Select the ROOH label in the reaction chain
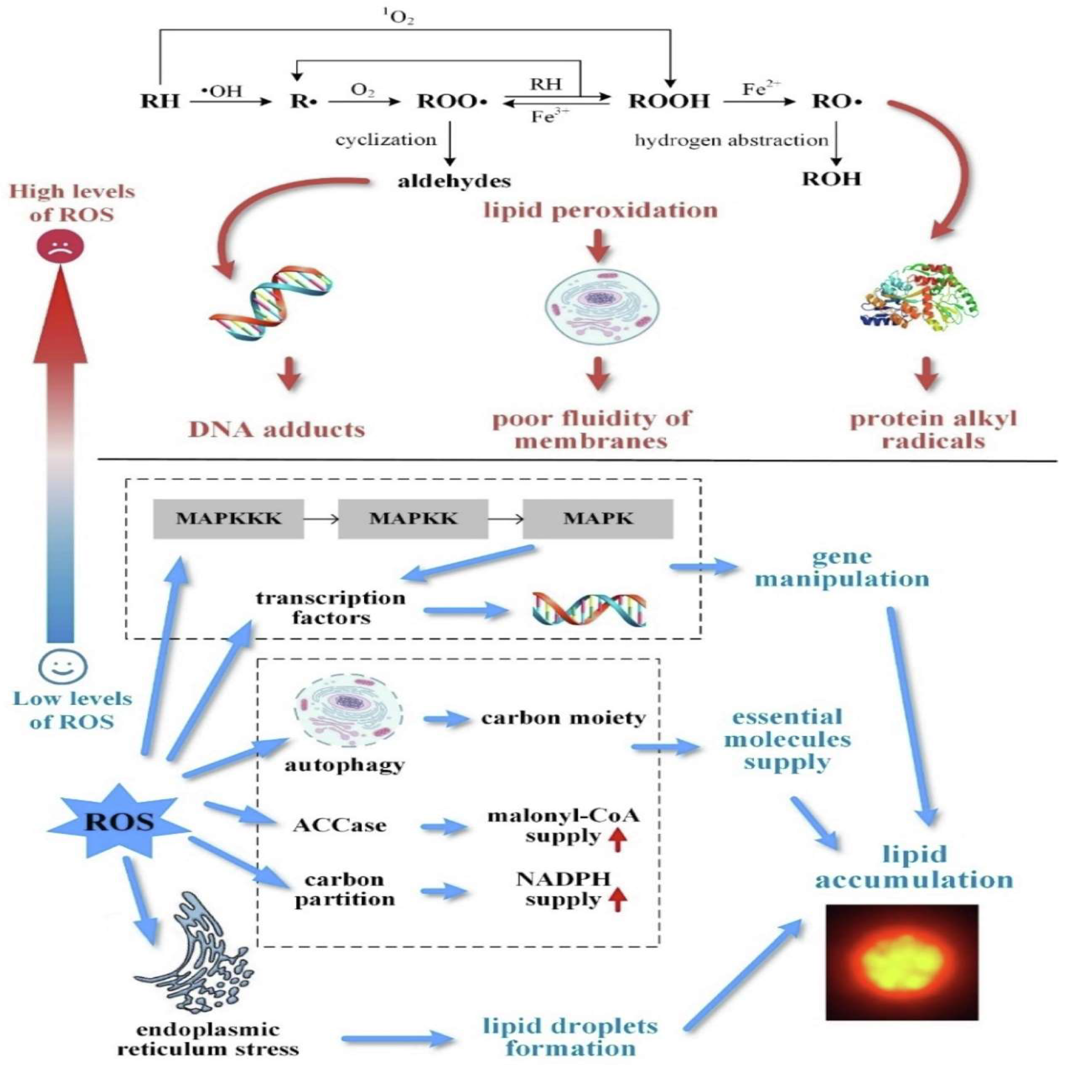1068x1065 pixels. coord(669,101)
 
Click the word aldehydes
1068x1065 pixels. coord(454,181)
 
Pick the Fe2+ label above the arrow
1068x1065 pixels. coord(761,89)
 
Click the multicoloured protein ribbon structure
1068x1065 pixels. coord(921,298)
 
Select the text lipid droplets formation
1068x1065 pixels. coord(570,1037)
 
